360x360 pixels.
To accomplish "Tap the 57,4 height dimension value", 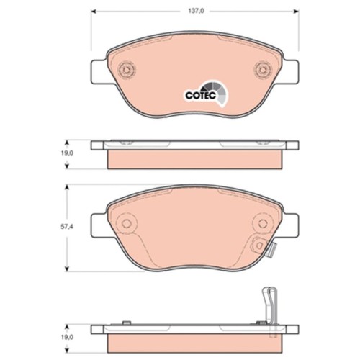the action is point(66,226).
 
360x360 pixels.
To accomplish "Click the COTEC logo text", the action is point(201,95).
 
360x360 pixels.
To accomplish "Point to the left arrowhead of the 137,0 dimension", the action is point(94,11).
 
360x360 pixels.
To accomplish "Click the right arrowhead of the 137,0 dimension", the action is point(296,11).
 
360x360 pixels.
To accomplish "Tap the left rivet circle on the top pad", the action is point(126,70).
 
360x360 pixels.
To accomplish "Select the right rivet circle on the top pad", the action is point(263,70).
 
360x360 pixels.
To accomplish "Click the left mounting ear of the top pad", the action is point(99,71).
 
